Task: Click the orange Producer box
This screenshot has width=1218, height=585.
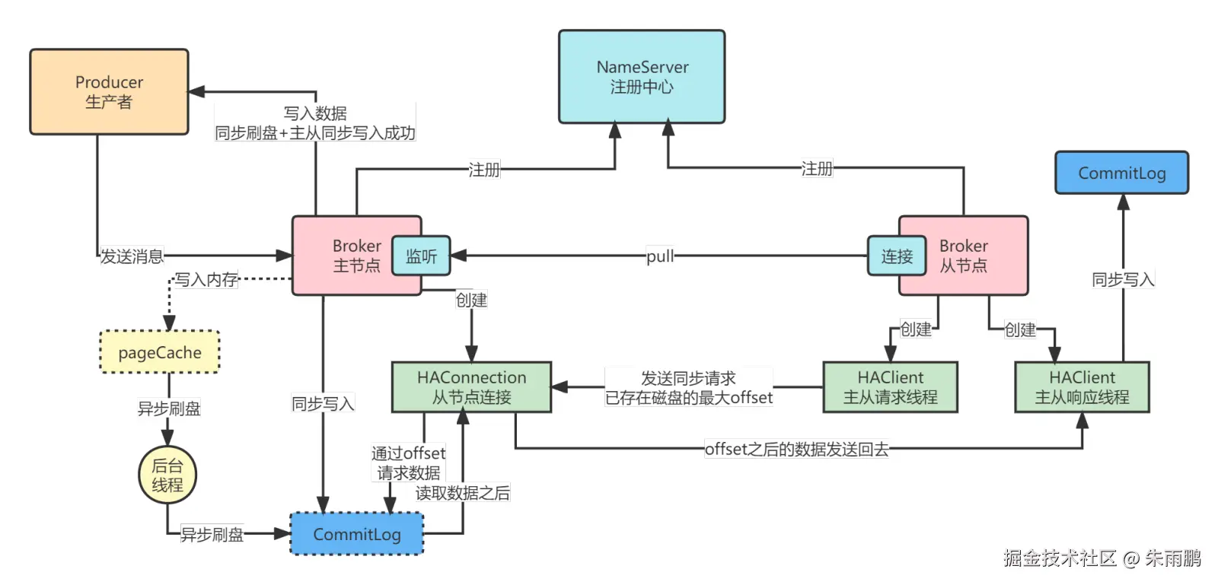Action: point(109,92)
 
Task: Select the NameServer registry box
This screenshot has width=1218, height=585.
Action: point(642,77)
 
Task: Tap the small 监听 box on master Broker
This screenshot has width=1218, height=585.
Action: point(421,256)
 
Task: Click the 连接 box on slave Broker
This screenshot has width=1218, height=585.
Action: point(897,256)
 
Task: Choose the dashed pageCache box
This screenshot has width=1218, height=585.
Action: point(160,352)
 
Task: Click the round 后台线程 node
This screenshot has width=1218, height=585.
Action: point(167,475)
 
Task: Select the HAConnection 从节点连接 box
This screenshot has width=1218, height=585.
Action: point(471,387)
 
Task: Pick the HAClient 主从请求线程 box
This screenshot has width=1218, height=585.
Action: point(890,387)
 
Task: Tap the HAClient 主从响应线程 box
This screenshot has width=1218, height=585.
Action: point(1082,387)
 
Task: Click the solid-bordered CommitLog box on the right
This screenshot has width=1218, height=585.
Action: point(1121,173)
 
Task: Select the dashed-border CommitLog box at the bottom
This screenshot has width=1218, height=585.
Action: point(357,534)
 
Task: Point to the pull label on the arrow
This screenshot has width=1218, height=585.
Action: point(660,256)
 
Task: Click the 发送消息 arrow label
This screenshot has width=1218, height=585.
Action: point(132,256)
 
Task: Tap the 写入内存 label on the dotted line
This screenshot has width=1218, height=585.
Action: point(206,279)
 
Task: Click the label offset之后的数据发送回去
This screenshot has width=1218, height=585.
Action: point(796,449)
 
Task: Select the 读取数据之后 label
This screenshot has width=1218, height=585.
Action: point(462,493)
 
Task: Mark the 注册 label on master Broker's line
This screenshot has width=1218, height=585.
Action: point(484,169)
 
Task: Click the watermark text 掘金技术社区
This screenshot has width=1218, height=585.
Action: point(1059,558)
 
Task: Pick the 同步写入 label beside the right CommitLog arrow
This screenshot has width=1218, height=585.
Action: point(1123,279)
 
